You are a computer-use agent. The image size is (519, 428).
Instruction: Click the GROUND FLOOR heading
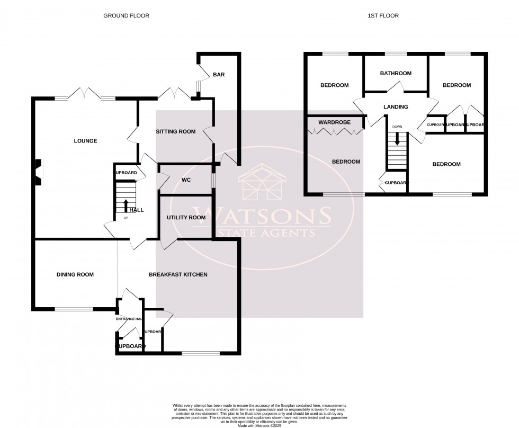(x=126, y=16)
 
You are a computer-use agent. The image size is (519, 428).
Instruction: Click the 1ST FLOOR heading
(x=383, y=16)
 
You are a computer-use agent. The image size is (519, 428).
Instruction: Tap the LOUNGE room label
(x=85, y=141)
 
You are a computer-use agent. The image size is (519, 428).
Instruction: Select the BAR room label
(x=219, y=75)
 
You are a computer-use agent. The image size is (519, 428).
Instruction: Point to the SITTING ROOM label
(x=175, y=131)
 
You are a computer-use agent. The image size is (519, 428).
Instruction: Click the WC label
(x=186, y=180)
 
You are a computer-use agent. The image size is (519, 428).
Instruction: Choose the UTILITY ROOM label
(x=186, y=217)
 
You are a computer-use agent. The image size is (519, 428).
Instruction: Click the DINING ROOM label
(x=75, y=274)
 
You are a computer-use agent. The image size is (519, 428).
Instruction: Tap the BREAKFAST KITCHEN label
(x=178, y=274)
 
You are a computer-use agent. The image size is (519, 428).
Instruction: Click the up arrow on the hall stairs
(x=126, y=204)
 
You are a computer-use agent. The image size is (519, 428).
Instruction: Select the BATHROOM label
(x=395, y=74)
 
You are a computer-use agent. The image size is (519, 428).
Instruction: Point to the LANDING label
(x=396, y=107)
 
